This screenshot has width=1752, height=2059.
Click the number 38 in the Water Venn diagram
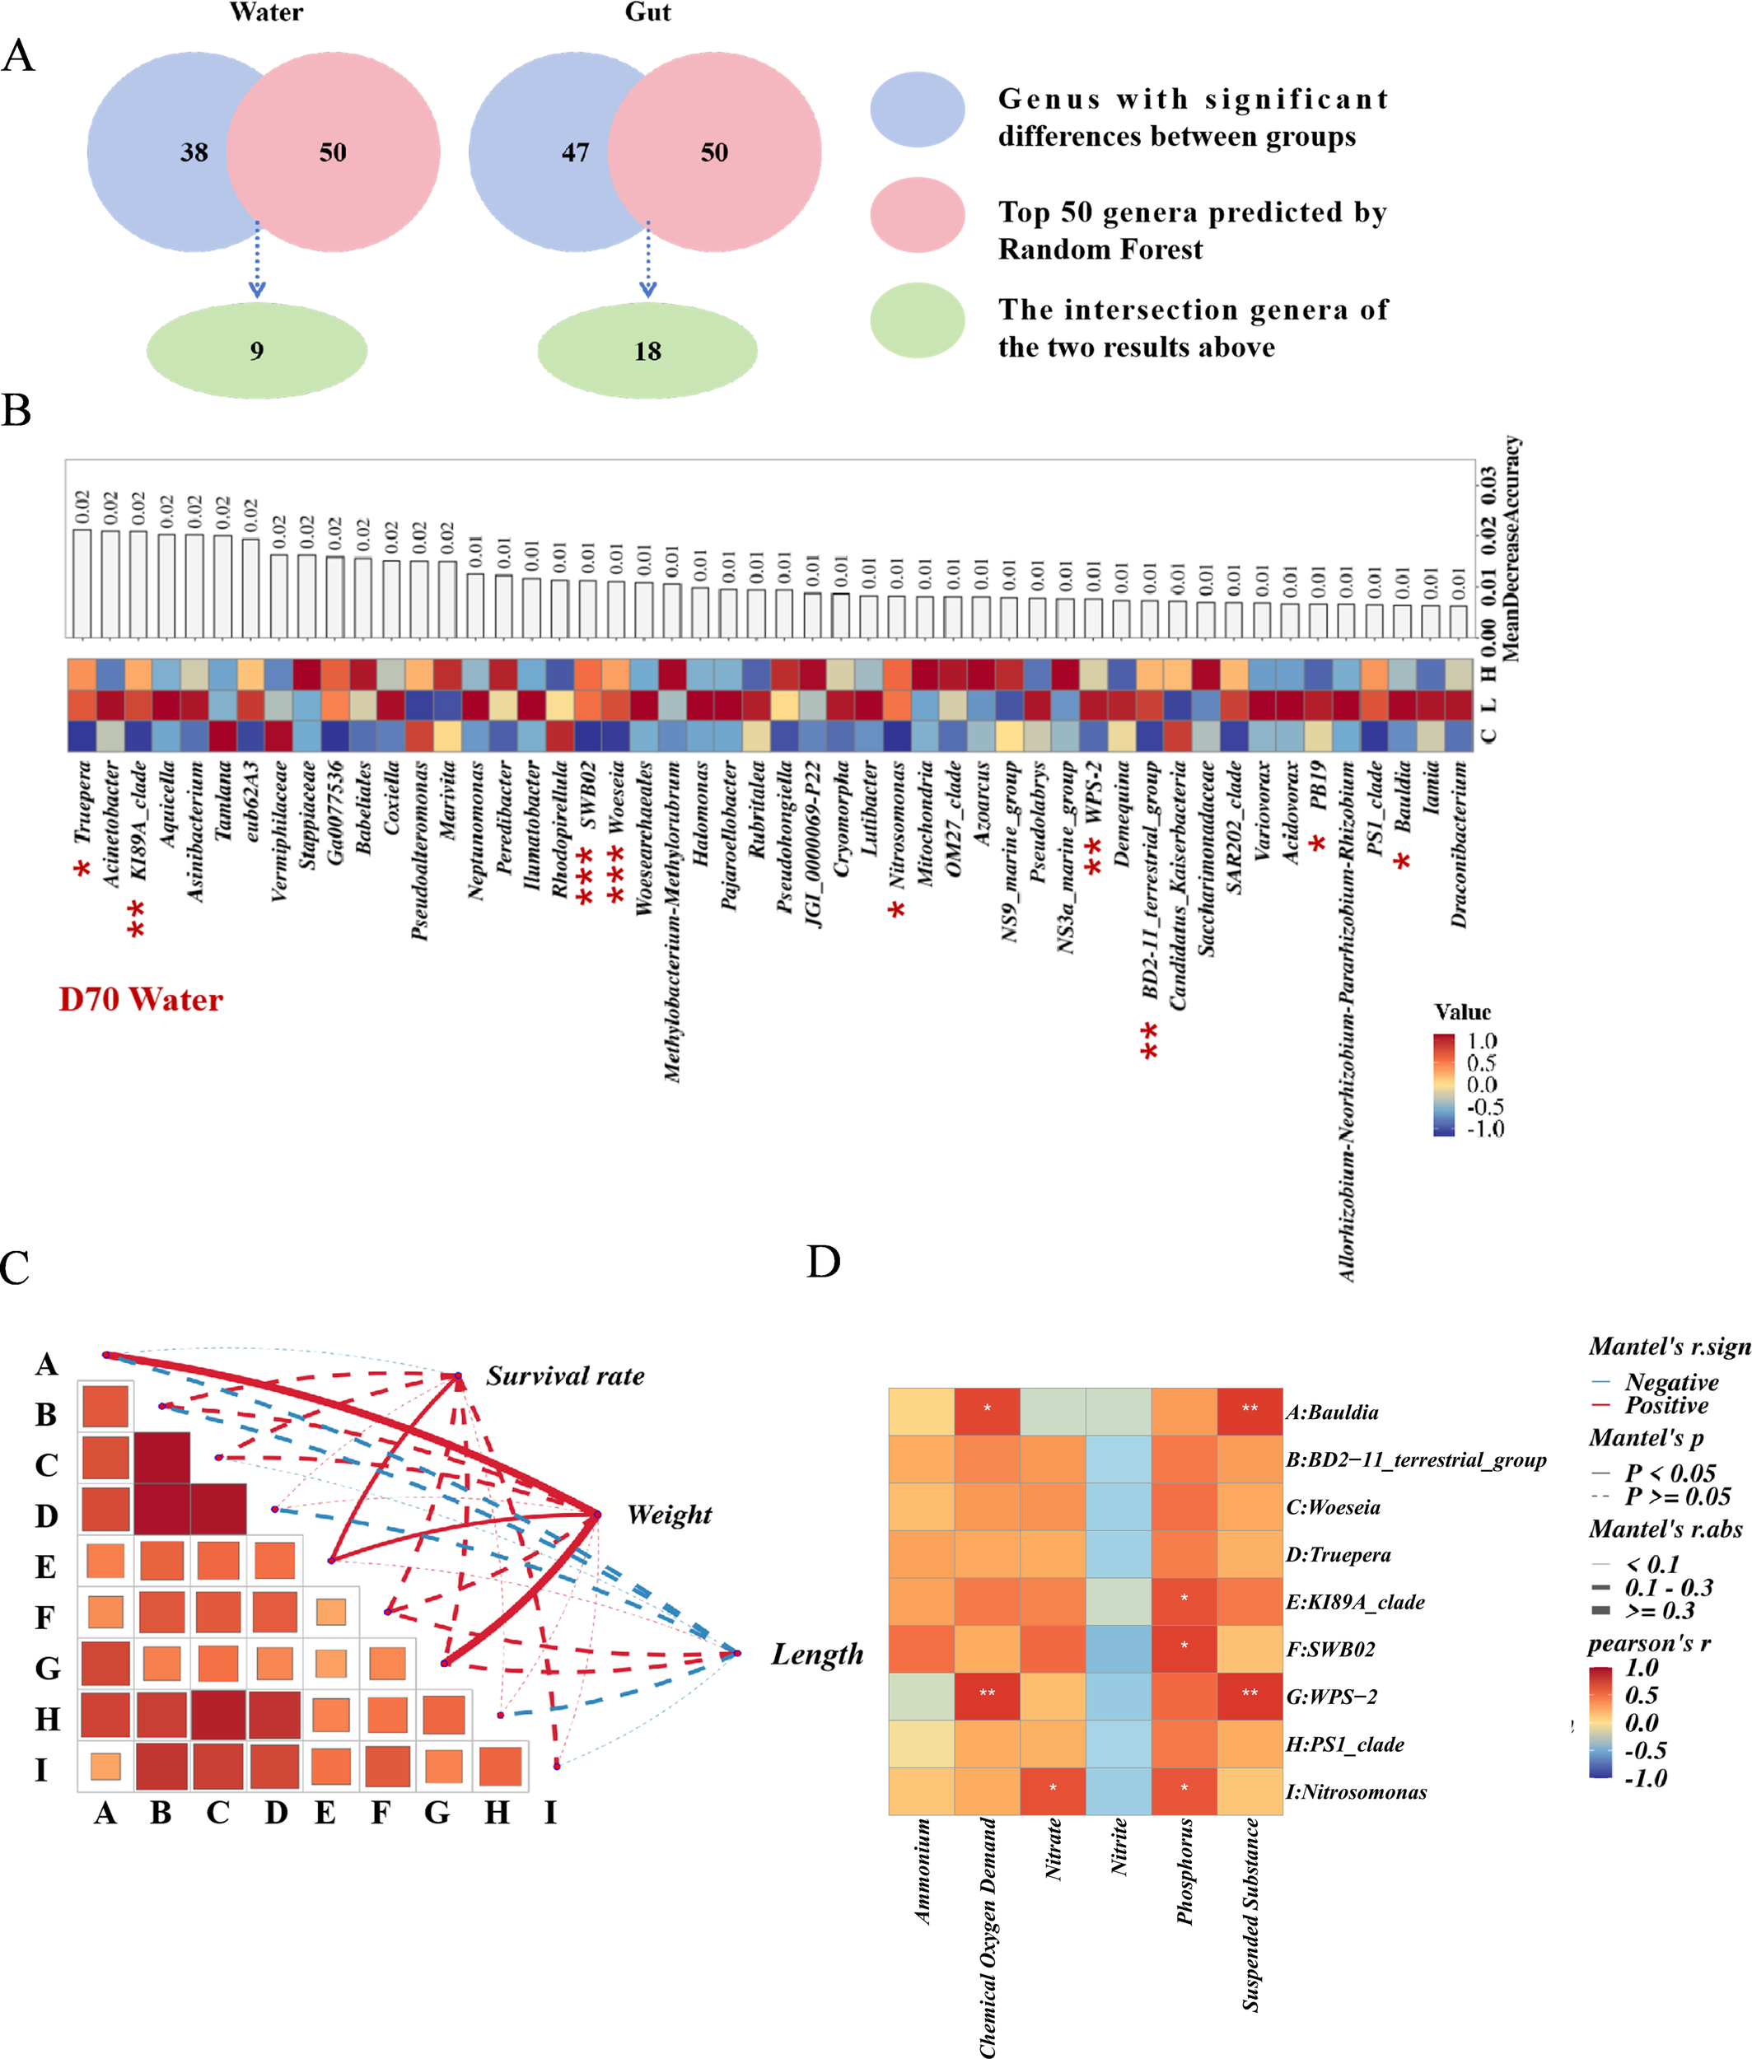pos(194,152)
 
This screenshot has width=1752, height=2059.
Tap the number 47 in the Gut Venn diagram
pos(575,152)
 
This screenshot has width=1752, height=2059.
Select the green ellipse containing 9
pos(256,351)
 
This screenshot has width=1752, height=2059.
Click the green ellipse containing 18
pos(647,351)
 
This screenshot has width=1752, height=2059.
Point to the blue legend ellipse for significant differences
pos(917,110)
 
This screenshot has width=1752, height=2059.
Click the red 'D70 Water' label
pos(141,999)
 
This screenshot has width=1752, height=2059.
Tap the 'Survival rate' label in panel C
pos(564,1375)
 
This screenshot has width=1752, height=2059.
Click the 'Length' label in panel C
pos(816,1654)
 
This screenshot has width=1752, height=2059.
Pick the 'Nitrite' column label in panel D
pos(1119,1847)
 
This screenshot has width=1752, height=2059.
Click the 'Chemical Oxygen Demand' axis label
pos(988,1937)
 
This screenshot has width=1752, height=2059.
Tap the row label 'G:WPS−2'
pos(1332,1697)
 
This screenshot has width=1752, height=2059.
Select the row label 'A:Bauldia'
pos(1332,1412)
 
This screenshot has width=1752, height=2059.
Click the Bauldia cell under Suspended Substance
pos(1250,1410)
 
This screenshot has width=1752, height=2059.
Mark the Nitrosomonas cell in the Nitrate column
pos(1053,1791)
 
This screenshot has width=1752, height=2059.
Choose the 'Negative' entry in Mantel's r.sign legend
pos(1671,1382)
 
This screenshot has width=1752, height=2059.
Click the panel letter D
pos(824,1263)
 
